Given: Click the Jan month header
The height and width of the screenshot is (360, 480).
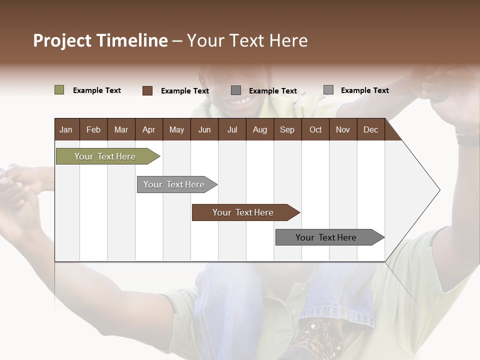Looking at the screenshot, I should pyautogui.click(x=66, y=130).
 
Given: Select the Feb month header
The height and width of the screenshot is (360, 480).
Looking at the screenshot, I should pyautogui.click(x=93, y=130).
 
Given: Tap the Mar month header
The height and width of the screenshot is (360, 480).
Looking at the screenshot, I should pyautogui.click(x=121, y=130).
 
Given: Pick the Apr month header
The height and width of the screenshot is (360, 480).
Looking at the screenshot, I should pyautogui.click(x=148, y=130).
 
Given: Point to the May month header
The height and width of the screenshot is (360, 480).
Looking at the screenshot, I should pyautogui.click(x=176, y=130).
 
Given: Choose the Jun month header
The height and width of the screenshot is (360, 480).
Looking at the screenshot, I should pyautogui.click(x=204, y=130).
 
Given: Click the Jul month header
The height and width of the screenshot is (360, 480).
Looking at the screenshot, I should pyautogui.click(x=232, y=130).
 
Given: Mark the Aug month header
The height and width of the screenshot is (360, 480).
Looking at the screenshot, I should pyautogui.click(x=259, y=130).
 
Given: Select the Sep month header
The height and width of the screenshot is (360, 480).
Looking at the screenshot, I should pyautogui.click(x=287, y=130).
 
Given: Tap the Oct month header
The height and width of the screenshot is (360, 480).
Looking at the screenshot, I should pyautogui.click(x=315, y=130).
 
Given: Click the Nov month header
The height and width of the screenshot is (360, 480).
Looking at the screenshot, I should pyautogui.click(x=342, y=130).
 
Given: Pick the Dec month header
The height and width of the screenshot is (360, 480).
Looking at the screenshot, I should pyautogui.click(x=370, y=130).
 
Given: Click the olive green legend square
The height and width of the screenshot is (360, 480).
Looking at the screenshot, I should pyautogui.click(x=59, y=90).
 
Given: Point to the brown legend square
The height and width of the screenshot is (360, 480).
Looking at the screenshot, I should pyautogui.click(x=147, y=90).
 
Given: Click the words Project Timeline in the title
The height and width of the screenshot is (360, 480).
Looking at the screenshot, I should pyautogui.click(x=100, y=40).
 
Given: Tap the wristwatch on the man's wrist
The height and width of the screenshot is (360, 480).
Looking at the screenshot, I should pyautogui.click(x=467, y=139).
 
